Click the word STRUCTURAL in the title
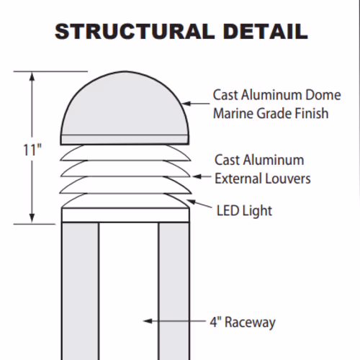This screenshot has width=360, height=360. click(x=135, y=32)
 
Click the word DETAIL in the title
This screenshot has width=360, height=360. click(x=266, y=32)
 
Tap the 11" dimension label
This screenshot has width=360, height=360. click(x=32, y=150)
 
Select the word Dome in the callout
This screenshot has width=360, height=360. click(x=323, y=95)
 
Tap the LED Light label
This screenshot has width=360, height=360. click(x=244, y=211)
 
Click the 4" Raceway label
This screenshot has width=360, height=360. click(x=243, y=323)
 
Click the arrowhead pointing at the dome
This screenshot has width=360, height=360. click(x=186, y=104)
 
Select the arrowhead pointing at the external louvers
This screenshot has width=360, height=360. click(x=197, y=176)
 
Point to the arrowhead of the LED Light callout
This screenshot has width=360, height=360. click(x=191, y=202)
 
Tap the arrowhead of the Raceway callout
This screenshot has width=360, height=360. click(x=148, y=321)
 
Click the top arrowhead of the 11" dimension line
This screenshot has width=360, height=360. click(x=32, y=76)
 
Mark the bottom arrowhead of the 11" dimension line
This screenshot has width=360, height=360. click(x=32, y=219)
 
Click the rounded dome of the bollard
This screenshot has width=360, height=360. click(x=125, y=106)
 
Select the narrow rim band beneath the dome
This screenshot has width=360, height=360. click(x=125, y=140)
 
